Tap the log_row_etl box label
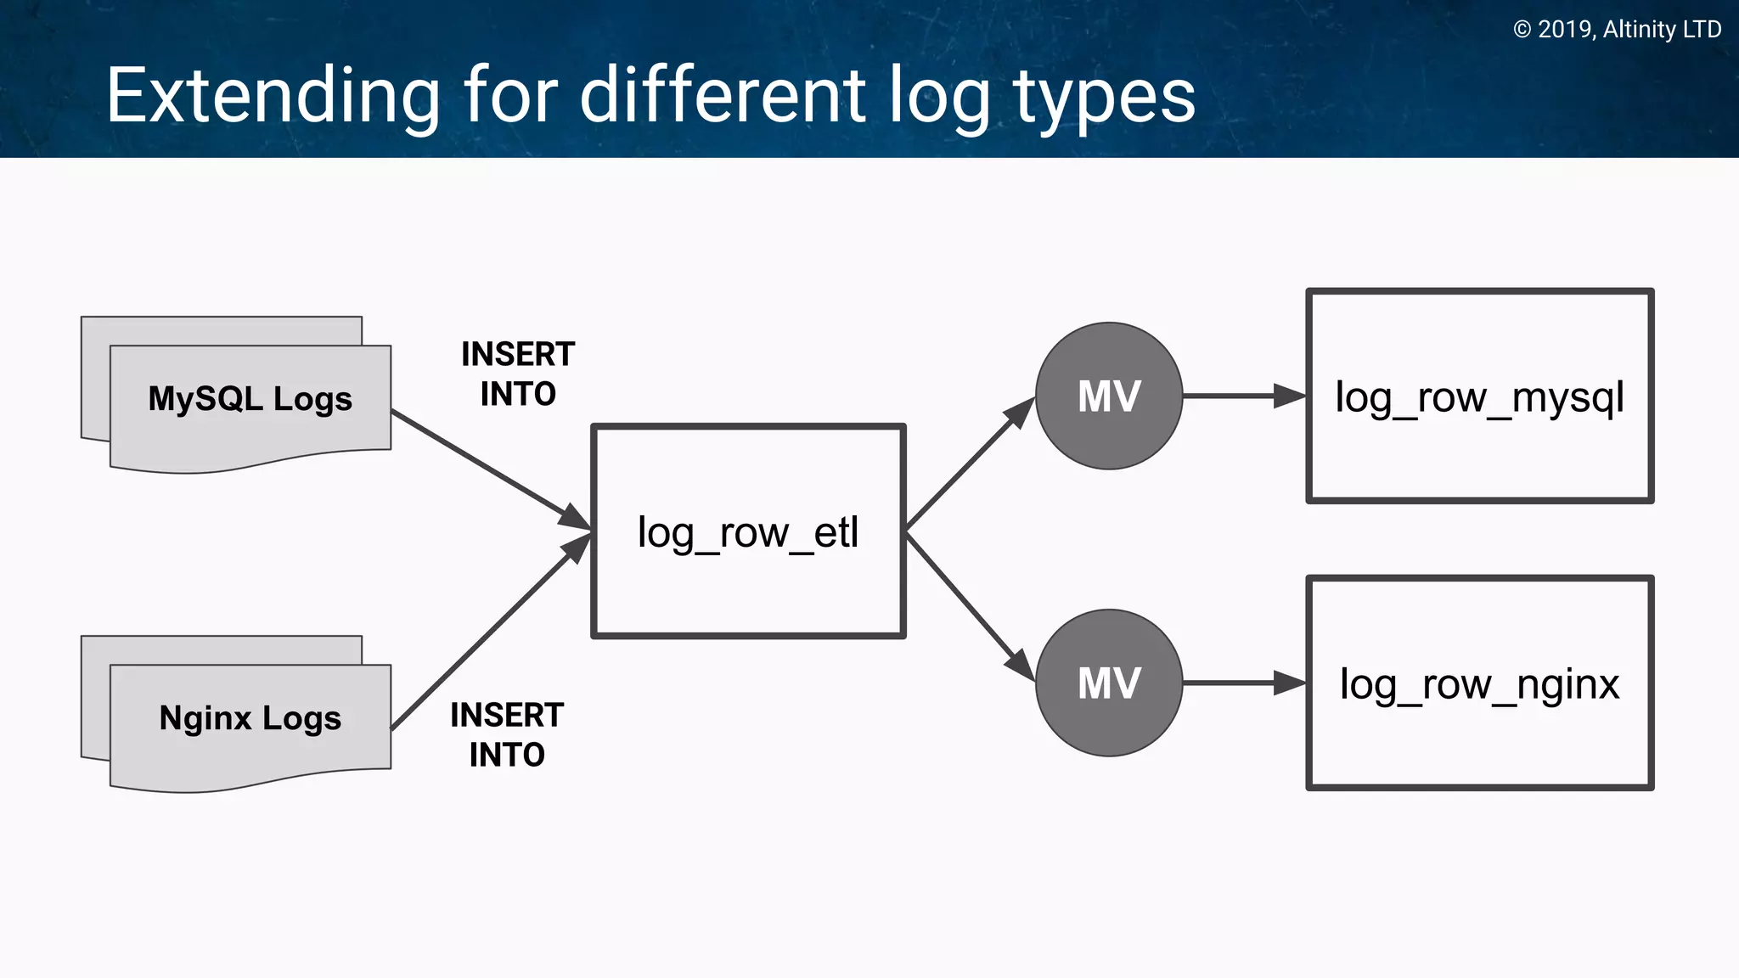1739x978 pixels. click(748, 533)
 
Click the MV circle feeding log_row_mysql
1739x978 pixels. click(1109, 396)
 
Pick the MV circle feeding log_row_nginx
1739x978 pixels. click(1109, 683)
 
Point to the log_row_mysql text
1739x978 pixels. click(1479, 397)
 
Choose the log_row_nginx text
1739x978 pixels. click(1479, 684)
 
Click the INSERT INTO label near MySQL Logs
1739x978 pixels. click(518, 374)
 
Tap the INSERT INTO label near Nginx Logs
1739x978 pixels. click(507, 734)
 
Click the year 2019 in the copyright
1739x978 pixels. click(1565, 30)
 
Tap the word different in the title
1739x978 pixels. click(723, 96)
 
